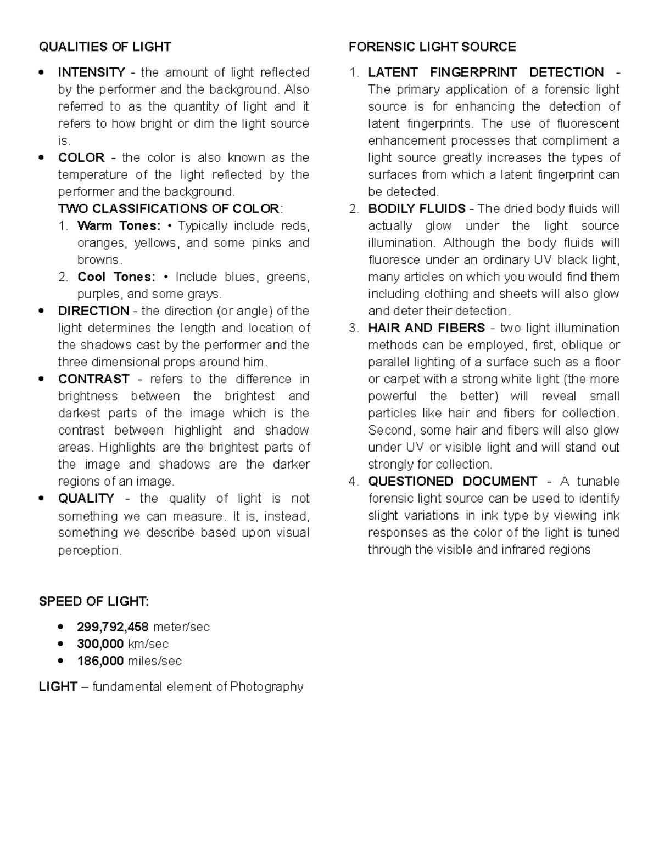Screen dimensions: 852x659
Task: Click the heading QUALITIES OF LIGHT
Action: (x=105, y=47)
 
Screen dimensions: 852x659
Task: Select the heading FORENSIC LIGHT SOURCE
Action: (x=432, y=47)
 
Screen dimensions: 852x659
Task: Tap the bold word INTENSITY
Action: (x=92, y=72)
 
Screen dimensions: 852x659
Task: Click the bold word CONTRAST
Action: (x=94, y=379)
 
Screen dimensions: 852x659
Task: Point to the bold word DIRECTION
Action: (x=94, y=311)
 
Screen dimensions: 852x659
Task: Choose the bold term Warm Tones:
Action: (x=119, y=226)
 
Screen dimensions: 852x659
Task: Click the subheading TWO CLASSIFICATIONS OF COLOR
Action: (x=169, y=209)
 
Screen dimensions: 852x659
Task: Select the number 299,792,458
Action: (x=113, y=627)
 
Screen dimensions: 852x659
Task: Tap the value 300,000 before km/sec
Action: (x=100, y=644)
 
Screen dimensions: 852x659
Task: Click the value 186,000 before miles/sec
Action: (x=100, y=661)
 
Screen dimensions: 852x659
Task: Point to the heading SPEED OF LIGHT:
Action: (x=93, y=601)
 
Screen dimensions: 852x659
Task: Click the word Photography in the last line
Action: (x=266, y=687)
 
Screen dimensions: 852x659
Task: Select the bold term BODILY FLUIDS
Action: (x=417, y=209)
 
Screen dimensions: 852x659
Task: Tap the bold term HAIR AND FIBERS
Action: (x=427, y=328)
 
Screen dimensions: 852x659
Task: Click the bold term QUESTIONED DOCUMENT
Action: (x=453, y=482)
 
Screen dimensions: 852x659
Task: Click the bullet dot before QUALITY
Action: (x=41, y=499)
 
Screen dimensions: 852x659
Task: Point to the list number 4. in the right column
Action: (x=354, y=482)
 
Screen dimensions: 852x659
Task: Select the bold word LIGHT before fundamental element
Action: (x=58, y=687)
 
